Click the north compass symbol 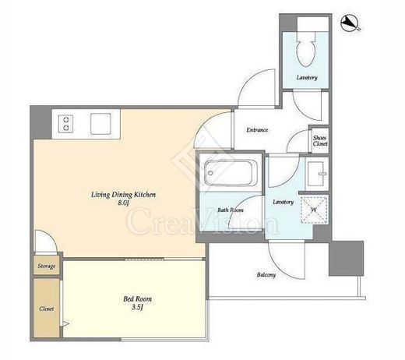point(350,23)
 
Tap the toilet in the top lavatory point(306,50)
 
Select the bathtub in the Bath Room point(231,172)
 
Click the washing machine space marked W point(314,210)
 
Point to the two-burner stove point(65,124)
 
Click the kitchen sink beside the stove point(100,124)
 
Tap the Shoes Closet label point(320,140)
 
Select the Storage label point(47,266)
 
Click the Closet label point(47,309)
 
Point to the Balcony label point(266,275)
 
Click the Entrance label point(257,130)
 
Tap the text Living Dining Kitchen point(123,195)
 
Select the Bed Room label point(137,299)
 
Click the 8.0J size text point(123,203)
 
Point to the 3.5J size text point(137,308)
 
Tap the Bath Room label point(231,210)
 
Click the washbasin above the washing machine point(316,174)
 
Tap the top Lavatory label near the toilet point(307,77)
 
